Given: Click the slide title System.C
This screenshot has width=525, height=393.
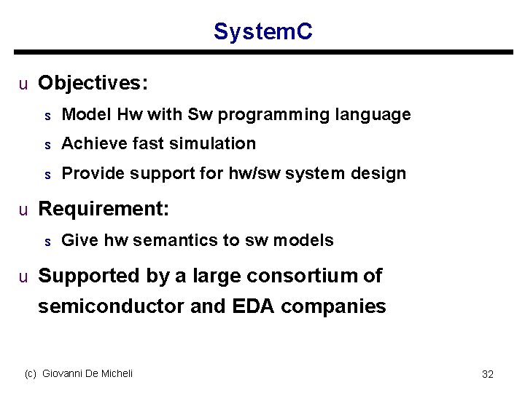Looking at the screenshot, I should [x=262, y=31].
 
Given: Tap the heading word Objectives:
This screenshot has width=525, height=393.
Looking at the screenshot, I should [x=93, y=84].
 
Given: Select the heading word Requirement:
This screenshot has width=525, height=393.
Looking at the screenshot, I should [x=104, y=210].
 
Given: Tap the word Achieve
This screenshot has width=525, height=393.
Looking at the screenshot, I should [x=92, y=144].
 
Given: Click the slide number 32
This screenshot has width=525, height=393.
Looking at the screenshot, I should [x=488, y=374].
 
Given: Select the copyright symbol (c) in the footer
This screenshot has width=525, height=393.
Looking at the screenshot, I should [x=31, y=373].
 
